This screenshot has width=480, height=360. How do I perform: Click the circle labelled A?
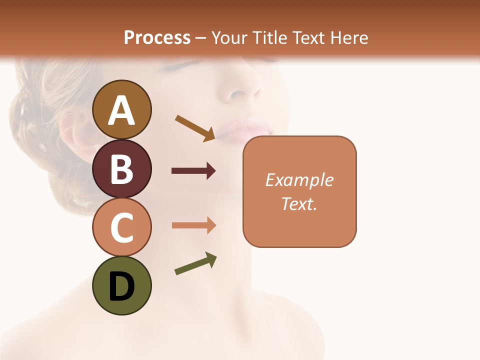coord(121,109)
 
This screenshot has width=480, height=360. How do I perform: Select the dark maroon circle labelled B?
coord(121,168)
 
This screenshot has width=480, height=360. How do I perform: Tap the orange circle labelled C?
coord(121,227)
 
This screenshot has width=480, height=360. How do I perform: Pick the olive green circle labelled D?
coord(121,286)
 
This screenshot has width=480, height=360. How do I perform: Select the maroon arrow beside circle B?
coord(193,171)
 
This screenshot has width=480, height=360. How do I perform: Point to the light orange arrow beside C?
coord(193,225)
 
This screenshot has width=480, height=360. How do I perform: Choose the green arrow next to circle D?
coord(195,263)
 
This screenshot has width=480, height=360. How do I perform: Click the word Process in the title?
coord(157,38)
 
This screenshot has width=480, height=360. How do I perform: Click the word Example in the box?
coord(299,180)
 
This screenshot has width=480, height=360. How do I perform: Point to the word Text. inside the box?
coord(299,203)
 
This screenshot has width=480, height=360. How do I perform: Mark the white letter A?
coord(121,110)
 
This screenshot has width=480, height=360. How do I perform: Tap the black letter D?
coord(121,286)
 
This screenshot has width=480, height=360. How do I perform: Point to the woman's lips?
coord(245,129)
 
